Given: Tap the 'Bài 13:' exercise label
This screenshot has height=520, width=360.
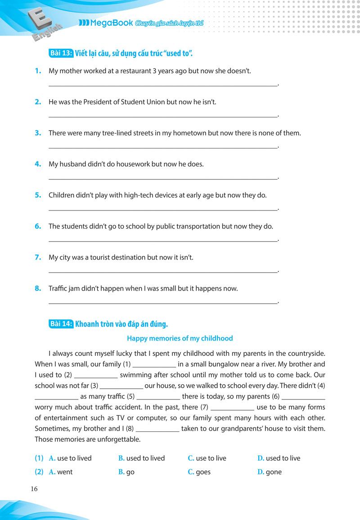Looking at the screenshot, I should tap(61, 54).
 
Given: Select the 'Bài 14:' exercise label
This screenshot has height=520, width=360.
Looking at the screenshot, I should tap(61, 323).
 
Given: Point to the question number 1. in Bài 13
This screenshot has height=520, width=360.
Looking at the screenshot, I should tap(38, 71).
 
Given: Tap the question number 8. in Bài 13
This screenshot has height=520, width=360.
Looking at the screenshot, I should tap(38, 288).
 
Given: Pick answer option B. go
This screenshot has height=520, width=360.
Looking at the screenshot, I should tap(126, 472).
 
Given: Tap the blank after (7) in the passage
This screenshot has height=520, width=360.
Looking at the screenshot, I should tap(232, 408).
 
